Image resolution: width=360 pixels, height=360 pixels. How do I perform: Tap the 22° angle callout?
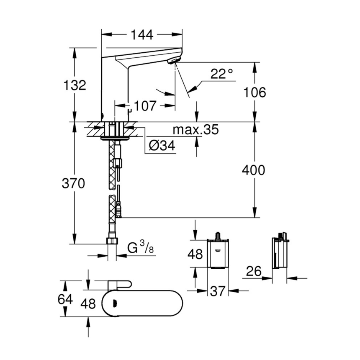tap(221, 74)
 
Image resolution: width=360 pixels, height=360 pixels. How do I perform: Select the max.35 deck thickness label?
tap(196, 130)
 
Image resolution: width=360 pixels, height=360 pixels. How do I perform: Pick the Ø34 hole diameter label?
tap(162, 146)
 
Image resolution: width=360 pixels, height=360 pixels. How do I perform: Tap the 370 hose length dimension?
tap(74, 183)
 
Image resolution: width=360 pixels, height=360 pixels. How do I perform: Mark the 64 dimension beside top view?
tap(65, 299)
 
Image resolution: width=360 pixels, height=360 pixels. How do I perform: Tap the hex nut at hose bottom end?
tap(112, 241)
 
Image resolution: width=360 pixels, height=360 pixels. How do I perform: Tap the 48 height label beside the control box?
tap(195, 254)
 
